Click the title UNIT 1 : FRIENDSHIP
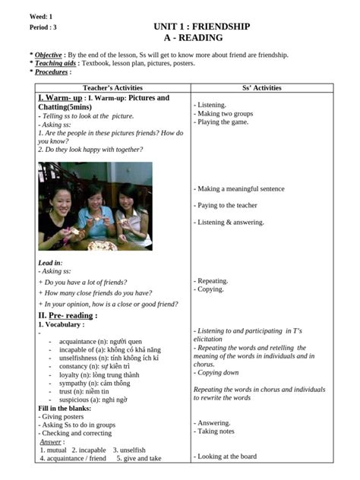pyautogui.click(x=201, y=27)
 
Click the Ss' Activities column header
pyautogui.click(x=261, y=88)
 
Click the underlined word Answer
pyautogui.click(x=51, y=441)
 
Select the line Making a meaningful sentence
pyautogui.click(x=239, y=188)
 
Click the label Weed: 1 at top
pyautogui.click(x=41, y=15)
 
